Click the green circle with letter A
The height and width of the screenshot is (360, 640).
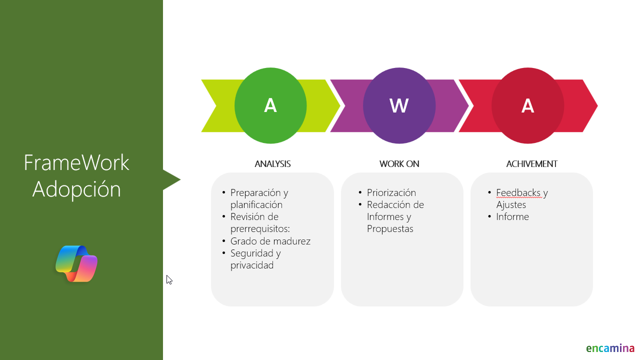coord(270,105)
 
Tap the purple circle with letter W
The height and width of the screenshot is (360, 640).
coord(399,105)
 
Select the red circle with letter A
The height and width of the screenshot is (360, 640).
coord(527,105)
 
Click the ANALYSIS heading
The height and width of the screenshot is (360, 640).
coord(272,164)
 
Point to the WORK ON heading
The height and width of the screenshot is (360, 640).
coord(399,164)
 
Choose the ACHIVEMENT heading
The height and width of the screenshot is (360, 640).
coord(531,164)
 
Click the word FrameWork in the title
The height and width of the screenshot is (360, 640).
coord(76,162)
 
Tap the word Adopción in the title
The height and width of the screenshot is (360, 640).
coord(76,189)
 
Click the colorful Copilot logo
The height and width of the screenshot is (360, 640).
coord(76,263)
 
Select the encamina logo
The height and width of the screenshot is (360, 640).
coord(610,348)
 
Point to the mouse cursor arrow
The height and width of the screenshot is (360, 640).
coord(169,280)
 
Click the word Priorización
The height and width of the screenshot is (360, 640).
coord(391,193)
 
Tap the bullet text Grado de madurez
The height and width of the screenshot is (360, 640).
coord(270,241)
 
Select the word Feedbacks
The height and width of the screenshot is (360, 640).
coord(518,193)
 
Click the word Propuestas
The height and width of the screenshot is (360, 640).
coord(390,229)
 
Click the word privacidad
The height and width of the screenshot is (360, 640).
coord(252,265)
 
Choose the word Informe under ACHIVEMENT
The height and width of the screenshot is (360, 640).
coord(512,217)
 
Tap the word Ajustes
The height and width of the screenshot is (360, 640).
coord(511,205)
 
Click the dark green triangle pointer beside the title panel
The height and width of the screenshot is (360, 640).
coord(170,179)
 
